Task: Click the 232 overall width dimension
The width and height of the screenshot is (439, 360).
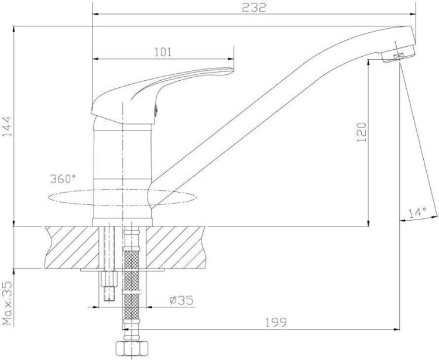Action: (253, 8)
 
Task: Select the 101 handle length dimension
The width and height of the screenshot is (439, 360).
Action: (163, 52)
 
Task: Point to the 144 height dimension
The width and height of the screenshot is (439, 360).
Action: (7, 126)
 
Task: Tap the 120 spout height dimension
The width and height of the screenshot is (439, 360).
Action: (362, 132)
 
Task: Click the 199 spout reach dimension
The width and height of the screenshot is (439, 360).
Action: (276, 323)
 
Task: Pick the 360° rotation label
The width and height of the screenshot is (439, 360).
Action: (63, 179)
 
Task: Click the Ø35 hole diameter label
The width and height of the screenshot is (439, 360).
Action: (181, 300)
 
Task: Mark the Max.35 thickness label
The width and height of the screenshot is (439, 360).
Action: (8, 303)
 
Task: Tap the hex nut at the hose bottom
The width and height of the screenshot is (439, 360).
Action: (131, 348)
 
